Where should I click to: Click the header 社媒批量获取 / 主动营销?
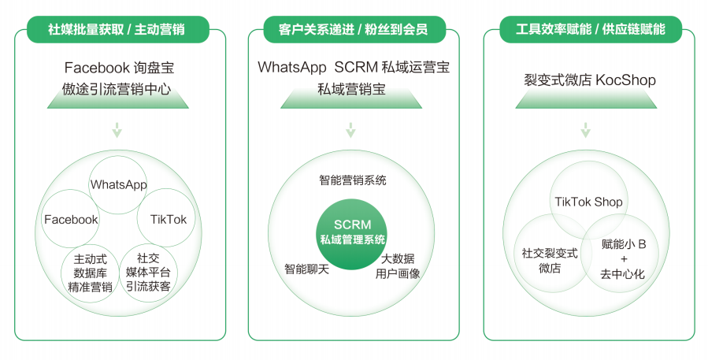(x=117, y=30)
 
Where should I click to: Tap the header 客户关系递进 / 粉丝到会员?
(x=353, y=30)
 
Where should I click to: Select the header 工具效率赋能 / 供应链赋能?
(x=589, y=30)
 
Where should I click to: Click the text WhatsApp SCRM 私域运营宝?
(x=354, y=68)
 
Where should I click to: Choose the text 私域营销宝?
(x=351, y=89)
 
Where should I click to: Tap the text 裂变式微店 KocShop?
(x=589, y=80)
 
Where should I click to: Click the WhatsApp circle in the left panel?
(x=119, y=184)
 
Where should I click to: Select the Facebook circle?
(x=71, y=219)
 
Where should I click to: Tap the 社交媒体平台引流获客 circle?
(x=148, y=272)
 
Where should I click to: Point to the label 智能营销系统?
(x=352, y=180)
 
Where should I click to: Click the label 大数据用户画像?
(x=398, y=266)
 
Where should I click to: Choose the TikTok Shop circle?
(x=588, y=202)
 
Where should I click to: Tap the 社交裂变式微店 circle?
(x=550, y=261)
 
